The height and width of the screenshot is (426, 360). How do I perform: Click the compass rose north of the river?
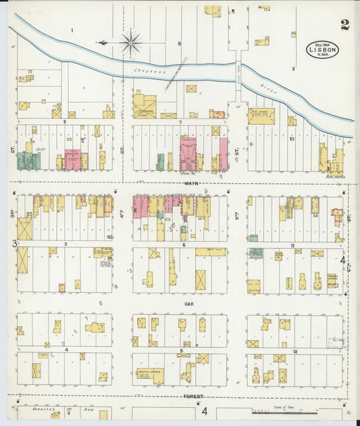click(130, 42)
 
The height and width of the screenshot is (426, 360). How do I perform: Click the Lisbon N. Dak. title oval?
click(324, 49)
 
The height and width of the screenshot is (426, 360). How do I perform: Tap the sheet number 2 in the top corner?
click(345, 26)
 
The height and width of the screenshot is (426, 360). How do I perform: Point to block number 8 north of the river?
click(179, 44)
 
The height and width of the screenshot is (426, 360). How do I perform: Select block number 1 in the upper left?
click(71, 31)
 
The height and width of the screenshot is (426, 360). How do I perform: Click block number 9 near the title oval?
click(293, 69)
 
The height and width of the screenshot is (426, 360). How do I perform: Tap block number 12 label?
click(295, 352)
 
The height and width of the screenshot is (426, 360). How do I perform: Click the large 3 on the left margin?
click(13, 244)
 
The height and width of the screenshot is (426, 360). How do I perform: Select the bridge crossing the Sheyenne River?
click(237, 71)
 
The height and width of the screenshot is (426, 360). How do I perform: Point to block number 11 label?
click(293, 245)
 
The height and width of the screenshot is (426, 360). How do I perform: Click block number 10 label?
click(292, 139)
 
